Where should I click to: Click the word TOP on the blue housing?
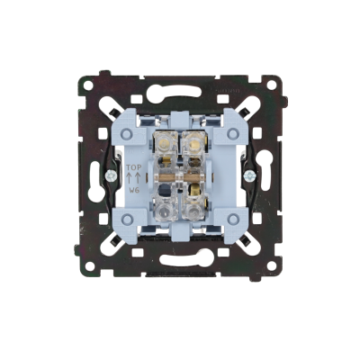[x=133, y=167]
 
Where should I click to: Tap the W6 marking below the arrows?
[x=133, y=190]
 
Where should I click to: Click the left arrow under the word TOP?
[x=129, y=178]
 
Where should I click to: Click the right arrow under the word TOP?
[x=138, y=178]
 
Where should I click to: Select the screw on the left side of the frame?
[x=111, y=175]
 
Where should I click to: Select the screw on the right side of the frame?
[x=248, y=175]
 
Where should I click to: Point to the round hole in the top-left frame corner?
[x=87, y=85]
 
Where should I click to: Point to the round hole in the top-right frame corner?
[x=272, y=85]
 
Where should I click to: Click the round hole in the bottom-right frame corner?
[x=272, y=265]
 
